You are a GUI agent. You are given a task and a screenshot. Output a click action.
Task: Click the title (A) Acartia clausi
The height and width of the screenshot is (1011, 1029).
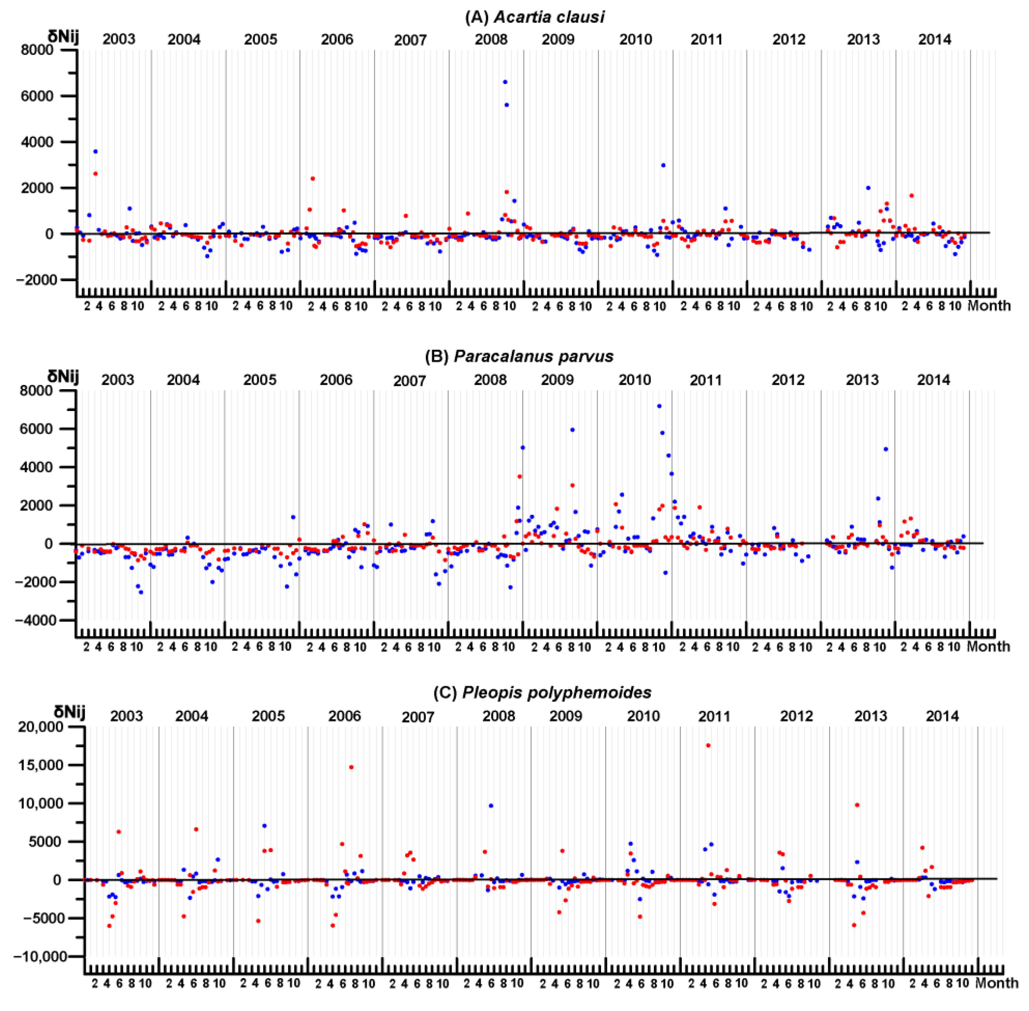[x=534, y=17]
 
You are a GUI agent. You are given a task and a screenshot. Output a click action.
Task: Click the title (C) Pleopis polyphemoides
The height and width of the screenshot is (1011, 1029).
[x=542, y=692]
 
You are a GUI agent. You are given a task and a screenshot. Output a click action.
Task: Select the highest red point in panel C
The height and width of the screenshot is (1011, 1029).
[x=708, y=745]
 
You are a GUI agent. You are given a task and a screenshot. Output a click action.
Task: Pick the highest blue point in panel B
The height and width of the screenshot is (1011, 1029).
[x=659, y=406]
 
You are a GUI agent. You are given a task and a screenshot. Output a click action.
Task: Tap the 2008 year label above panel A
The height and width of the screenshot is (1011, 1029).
[x=491, y=39]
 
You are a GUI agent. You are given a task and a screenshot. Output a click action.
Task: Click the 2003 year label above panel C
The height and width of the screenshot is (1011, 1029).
[x=126, y=716]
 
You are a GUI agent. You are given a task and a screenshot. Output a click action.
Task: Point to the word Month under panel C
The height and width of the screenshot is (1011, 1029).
[x=997, y=983]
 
